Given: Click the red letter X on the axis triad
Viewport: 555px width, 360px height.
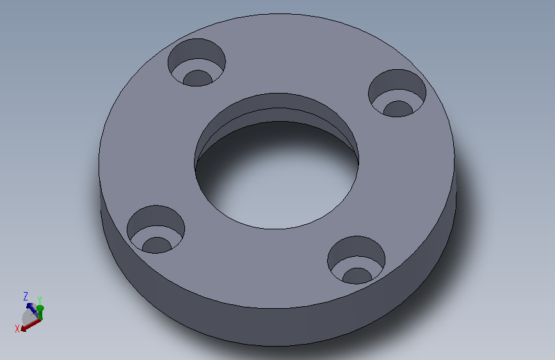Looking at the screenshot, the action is (x=17, y=329).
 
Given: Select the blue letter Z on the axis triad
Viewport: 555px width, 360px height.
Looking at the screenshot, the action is (x=26, y=296).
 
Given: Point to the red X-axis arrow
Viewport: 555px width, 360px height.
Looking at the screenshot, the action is (x=31, y=325).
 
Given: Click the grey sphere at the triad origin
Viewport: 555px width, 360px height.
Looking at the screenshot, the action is (x=28, y=317).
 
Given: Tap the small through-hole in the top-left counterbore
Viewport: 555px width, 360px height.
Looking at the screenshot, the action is (x=198, y=78).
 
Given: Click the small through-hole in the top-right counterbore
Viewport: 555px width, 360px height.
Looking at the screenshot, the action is (x=398, y=109).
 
